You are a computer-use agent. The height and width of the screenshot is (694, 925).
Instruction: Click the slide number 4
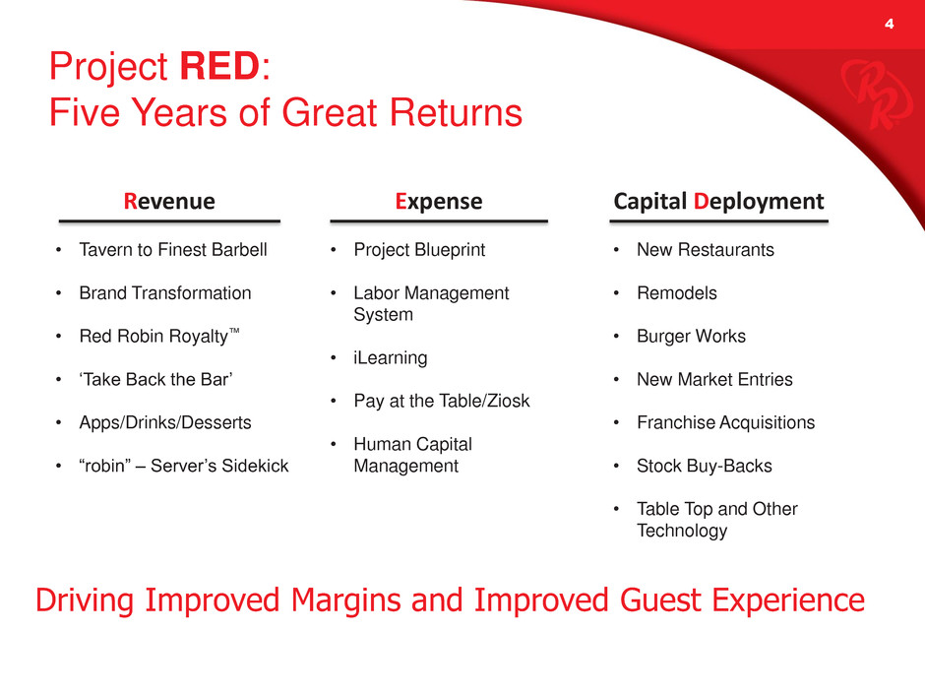(x=889, y=24)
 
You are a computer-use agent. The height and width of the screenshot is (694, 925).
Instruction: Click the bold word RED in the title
(x=219, y=66)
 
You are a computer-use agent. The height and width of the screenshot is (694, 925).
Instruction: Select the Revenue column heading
(x=169, y=201)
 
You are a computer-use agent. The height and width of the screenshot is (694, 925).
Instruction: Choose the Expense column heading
(x=439, y=201)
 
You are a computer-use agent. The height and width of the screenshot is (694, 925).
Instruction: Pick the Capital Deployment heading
(x=718, y=202)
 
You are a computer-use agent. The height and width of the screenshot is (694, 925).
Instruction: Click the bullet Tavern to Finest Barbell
(x=173, y=250)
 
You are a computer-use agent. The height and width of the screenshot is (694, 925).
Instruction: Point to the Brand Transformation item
(x=165, y=292)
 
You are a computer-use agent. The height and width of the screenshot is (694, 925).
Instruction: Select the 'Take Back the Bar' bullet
(x=155, y=379)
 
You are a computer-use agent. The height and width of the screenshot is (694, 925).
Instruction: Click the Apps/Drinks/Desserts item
(x=165, y=422)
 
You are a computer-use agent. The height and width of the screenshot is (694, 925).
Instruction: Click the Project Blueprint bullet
(x=419, y=250)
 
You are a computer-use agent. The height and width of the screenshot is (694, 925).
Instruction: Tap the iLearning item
(x=391, y=358)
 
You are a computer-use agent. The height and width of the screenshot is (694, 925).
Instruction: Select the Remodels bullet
(x=677, y=292)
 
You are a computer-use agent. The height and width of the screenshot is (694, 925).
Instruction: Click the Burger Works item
(x=692, y=337)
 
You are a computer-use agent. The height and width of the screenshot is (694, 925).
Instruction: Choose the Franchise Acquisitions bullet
(x=725, y=422)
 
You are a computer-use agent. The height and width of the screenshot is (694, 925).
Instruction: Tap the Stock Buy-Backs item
(x=705, y=466)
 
